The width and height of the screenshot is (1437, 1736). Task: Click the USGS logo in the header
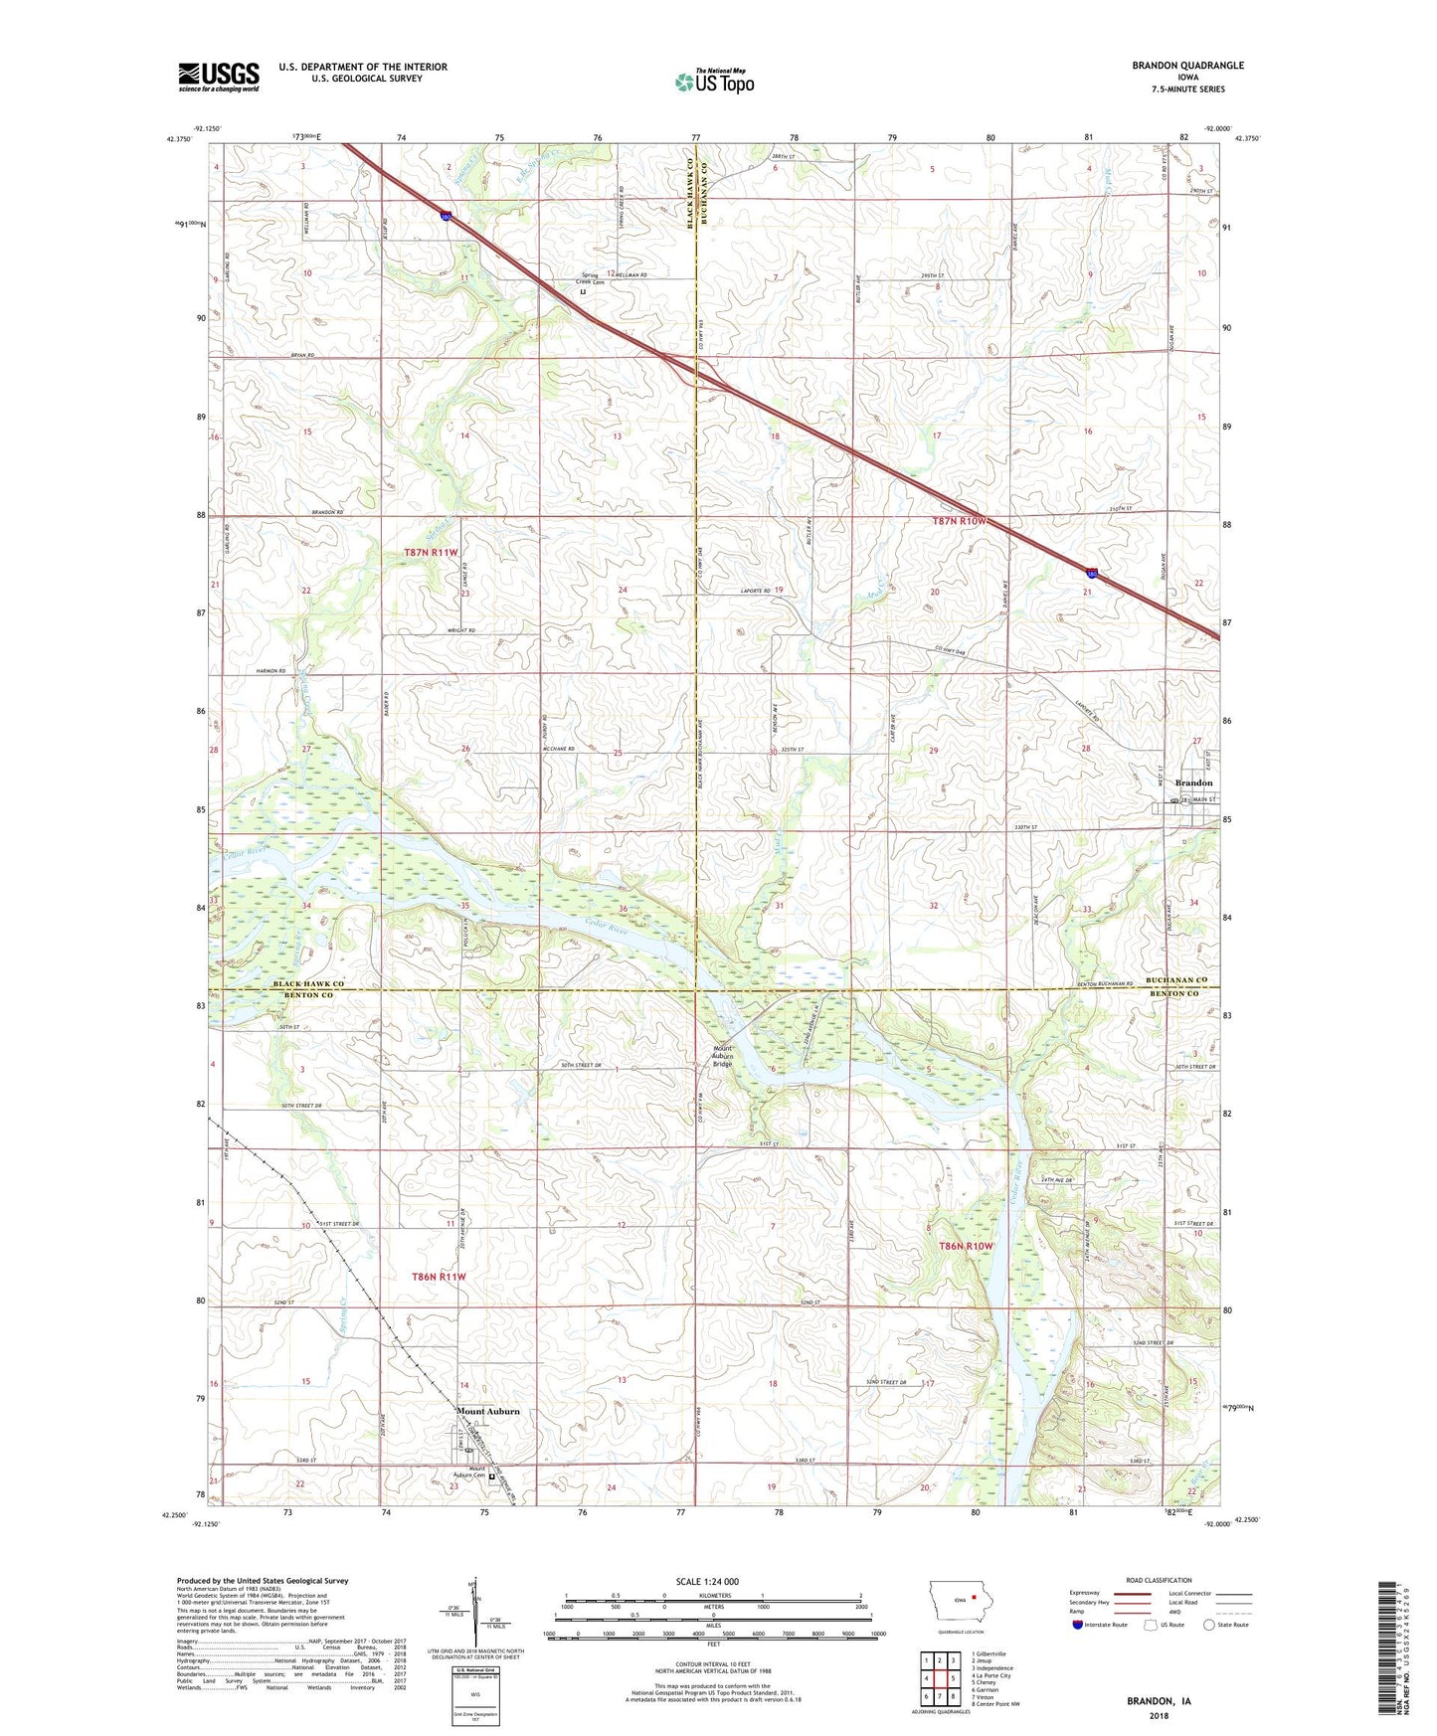(218, 76)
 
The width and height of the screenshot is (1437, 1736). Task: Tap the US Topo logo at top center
(713, 82)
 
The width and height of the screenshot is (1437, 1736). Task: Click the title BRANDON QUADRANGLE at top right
(1187, 66)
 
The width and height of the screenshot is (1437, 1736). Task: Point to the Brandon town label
(1193, 783)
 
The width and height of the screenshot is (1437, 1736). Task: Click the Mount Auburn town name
(487, 1412)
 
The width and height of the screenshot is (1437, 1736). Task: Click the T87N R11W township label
(431, 553)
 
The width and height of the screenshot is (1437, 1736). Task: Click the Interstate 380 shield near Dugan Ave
(1093, 572)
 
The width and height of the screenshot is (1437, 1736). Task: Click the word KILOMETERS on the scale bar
(713, 1596)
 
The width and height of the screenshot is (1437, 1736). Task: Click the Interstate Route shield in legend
(1077, 1625)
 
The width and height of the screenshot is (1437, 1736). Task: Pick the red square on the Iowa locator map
(973, 1599)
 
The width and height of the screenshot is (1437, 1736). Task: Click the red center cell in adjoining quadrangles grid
(939, 1676)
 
